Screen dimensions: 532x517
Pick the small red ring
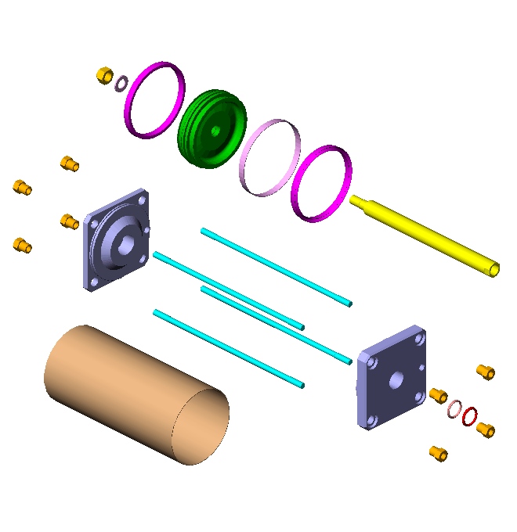470,416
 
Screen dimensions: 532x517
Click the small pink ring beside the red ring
454,408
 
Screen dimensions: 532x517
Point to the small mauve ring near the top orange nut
122,82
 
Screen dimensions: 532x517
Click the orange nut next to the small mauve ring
104,75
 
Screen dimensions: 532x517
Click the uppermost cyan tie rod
274,266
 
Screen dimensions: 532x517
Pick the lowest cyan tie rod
227,348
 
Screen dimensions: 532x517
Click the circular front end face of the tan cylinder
201,426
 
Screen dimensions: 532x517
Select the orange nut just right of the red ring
486,430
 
